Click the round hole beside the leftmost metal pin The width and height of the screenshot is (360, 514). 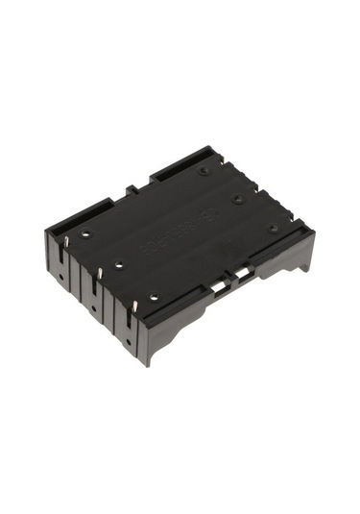pos(84,233)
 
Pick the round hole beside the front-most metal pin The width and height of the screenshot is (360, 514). pos(155,298)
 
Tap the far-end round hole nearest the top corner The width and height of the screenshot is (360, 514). pos(204,171)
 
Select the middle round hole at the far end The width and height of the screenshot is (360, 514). pos(237,199)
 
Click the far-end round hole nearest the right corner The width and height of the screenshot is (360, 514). pos(273,229)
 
